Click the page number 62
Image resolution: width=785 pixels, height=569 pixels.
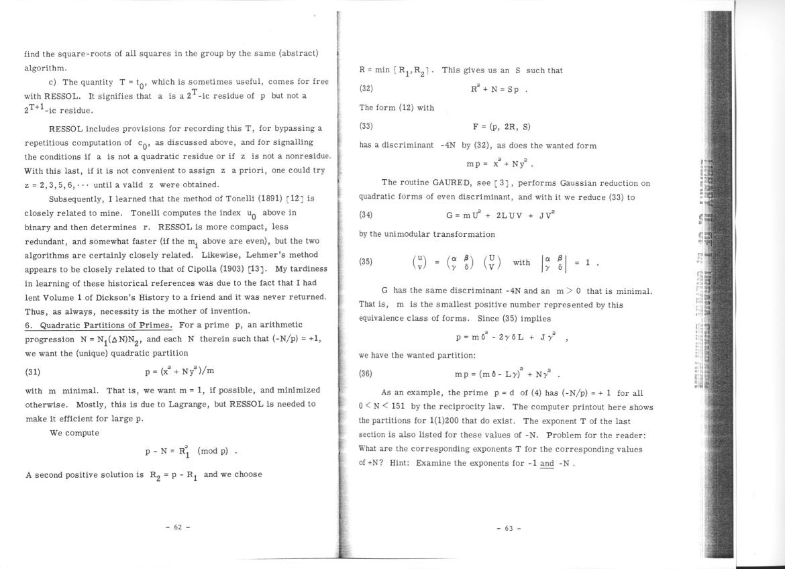(178, 527)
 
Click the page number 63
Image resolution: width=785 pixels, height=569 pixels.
(509, 528)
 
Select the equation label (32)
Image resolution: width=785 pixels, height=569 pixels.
(366, 89)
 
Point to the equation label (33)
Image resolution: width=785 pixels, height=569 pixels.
(366, 126)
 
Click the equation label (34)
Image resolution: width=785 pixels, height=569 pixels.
(366, 215)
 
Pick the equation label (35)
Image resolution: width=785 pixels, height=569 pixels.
(366, 262)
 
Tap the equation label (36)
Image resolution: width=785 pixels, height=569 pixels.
(366, 374)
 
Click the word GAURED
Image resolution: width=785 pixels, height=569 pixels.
(432, 183)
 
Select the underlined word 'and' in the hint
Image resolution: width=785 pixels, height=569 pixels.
(547, 463)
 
